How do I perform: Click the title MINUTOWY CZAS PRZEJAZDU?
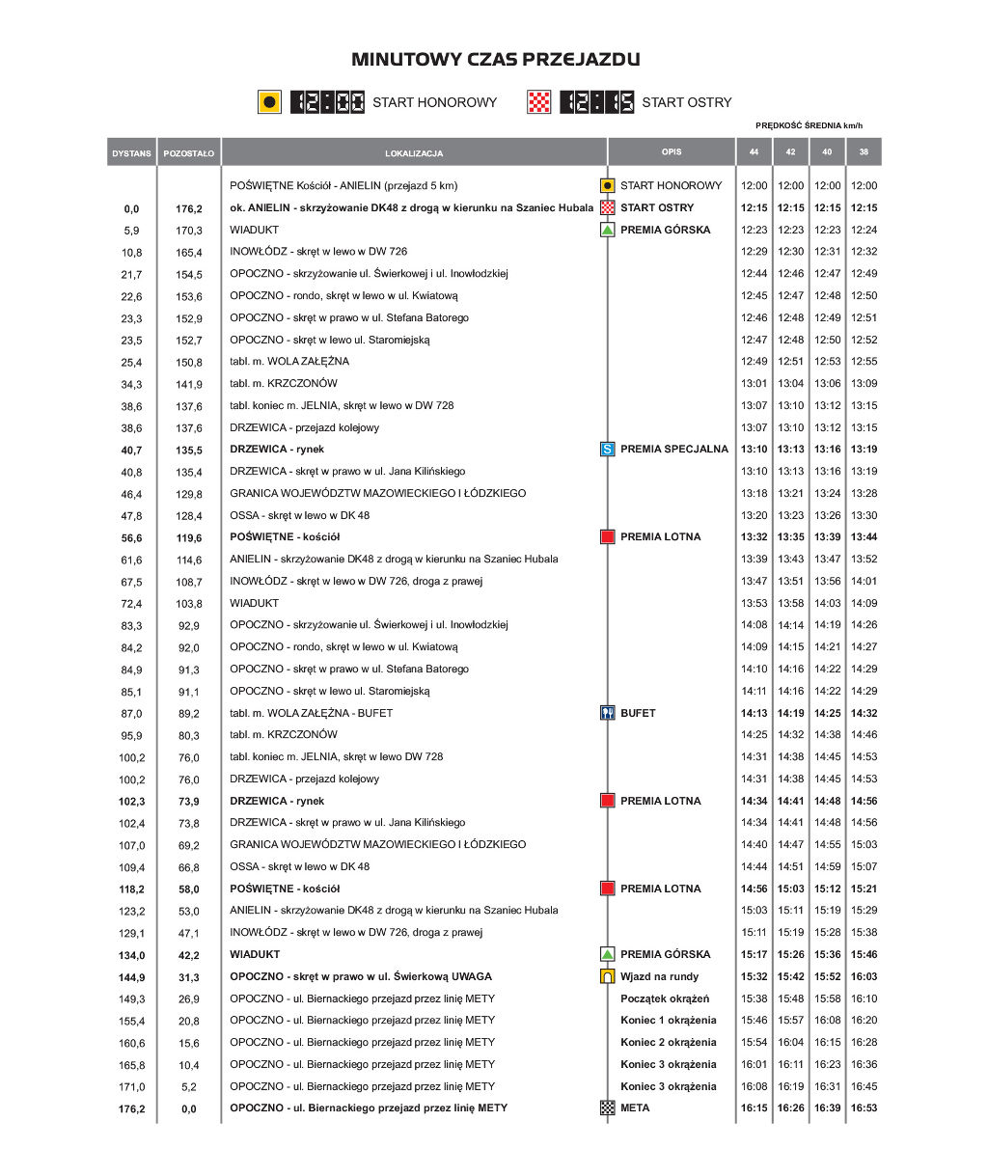pyautogui.click(x=495, y=60)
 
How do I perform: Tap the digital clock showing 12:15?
pyautogui.click(x=597, y=102)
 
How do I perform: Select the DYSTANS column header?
pyautogui.click(x=131, y=153)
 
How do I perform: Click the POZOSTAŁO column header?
pyautogui.click(x=189, y=153)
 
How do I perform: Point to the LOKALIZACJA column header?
pyautogui.click(x=414, y=153)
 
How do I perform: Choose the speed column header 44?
pyautogui.click(x=754, y=152)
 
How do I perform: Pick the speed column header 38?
pyautogui.click(x=864, y=152)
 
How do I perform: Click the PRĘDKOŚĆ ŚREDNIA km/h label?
pyautogui.click(x=809, y=125)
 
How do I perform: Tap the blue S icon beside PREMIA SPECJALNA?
pyautogui.click(x=608, y=449)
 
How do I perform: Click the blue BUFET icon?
pyautogui.click(x=608, y=713)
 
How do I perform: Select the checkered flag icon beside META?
pyautogui.click(x=608, y=1108)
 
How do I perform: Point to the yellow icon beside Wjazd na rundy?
pyautogui.click(x=608, y=976)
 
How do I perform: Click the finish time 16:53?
pyautogui.click(x=864, y=1108)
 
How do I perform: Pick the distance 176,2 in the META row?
pyautogui.click(x=132, y=1108)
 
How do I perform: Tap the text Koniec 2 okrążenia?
pyautogui.click(x=669, y=1042)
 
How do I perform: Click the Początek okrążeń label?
pyautogui.click(x=665, y=998)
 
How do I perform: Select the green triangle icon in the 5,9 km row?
pyautogui.click(x=608, y=230)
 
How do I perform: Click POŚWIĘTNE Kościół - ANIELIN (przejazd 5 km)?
pyautogui.click(x=343, y=185)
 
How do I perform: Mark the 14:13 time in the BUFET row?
pyautogui.click(x=754, y=713)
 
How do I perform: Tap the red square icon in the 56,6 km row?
pyautogui.click(x=608, y=536)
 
